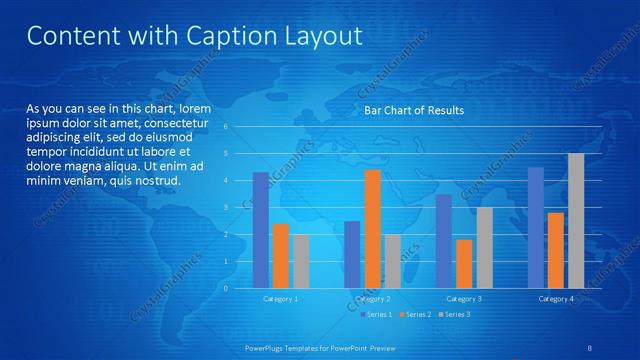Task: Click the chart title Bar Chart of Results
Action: tap(413, 110)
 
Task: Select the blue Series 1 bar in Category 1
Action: tap(261, 230)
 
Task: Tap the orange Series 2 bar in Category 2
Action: tap(373, 229)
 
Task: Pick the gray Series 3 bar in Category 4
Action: tap(576, 221)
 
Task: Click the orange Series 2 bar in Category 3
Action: tap(465, 264)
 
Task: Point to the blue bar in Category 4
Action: tap(536, 228)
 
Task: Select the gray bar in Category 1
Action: tap(301, 261)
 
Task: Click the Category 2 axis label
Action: tap(373, 299)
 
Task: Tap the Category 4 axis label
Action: tap(556, 299)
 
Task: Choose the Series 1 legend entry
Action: tap(378, 315)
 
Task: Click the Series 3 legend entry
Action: tap(455, 315)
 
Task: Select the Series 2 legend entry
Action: tap(417, 315)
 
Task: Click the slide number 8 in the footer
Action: tap(590, 347)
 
